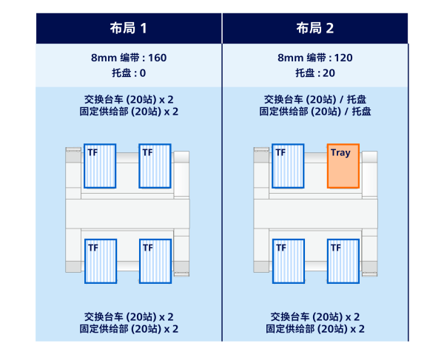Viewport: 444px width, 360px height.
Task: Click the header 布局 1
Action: tap(129, 29)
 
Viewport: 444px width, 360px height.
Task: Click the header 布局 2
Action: tap(315, 29)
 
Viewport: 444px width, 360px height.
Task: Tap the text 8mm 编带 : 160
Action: tap(129, 57)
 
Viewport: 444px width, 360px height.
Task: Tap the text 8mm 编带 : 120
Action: tap(315, 57)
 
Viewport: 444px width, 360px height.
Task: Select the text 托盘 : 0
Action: tap(129, 72)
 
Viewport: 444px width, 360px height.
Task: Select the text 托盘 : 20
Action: tap(315, 72)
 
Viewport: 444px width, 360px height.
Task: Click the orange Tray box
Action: tap(343, 166)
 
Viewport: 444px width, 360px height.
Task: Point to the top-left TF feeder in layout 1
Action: tap(100, 166)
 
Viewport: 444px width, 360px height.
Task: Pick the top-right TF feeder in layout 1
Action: tap(155, 166)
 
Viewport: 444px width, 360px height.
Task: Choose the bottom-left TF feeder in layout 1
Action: tap(100, 260)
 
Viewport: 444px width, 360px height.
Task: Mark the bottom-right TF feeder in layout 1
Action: tap(155, 260)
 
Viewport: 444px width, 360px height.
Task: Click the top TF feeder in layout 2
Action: tap(288, 166)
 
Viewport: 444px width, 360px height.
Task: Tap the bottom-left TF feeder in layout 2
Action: tap(288, 260)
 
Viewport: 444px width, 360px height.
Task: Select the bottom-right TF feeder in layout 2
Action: tap(343, 260)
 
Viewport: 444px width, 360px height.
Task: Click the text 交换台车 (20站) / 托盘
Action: tap(315, 99)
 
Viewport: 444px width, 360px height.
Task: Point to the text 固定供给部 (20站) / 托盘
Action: tap(315, 112)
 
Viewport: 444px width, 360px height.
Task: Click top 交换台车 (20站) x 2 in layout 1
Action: tap(129, 99)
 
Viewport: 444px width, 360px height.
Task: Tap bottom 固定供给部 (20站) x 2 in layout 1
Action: tap(129, 328)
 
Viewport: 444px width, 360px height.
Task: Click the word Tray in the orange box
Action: tap(340, 153)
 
